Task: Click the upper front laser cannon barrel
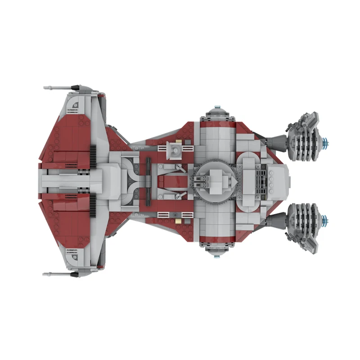click(x=56, y=87)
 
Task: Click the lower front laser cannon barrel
click(x=56, y=274)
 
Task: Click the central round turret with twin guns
click(x=215, y=181)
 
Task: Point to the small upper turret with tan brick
click(x=174, y=149)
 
